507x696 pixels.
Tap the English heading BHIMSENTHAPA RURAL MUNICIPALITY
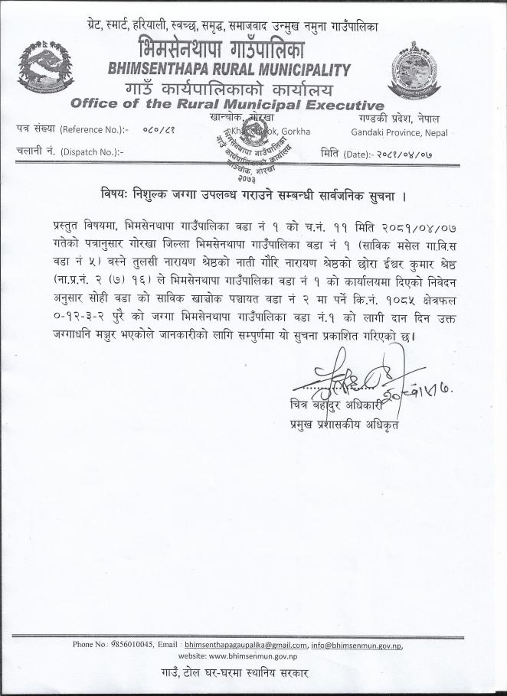[230, 70]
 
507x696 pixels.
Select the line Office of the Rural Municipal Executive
[226, 105]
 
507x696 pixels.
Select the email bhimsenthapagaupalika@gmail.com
[245, 644]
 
